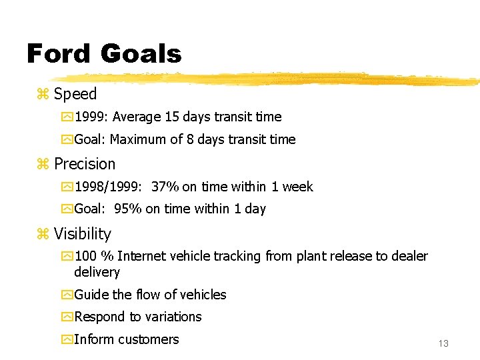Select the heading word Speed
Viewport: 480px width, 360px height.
coord(75,94)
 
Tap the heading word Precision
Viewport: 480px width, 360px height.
coord(85,164)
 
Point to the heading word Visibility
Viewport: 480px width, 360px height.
coord(83,234)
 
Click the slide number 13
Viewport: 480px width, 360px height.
coord(443,343)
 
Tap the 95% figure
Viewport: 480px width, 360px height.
coord(128,209)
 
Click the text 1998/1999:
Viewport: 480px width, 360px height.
coord(106,187)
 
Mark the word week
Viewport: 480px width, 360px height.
coord(297,187)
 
